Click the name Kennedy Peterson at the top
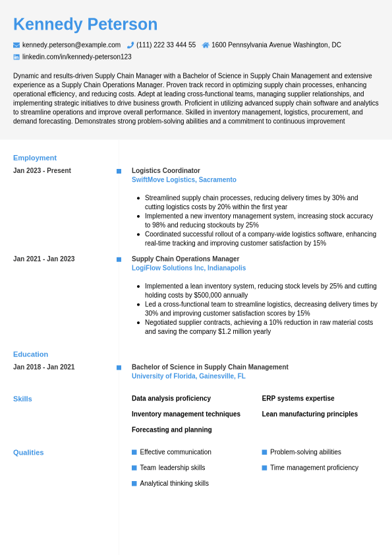point(85,24)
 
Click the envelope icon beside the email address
point(16,45)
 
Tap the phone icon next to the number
point(130,45)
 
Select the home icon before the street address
point(206,45)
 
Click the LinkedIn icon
point(16,57)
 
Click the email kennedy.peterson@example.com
point(71,45)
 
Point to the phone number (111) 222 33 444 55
point(166,45)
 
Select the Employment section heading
point(35,158)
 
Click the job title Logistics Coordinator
point(165,170)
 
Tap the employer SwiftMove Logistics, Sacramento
point(184,180)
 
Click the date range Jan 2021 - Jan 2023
point(43,259)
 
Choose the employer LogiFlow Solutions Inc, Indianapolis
point(188,268)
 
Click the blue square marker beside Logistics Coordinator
point(119,171)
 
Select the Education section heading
point(30,354)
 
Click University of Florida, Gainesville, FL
point(188,376)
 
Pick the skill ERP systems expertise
point(298,398)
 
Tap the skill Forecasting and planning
point(171,430)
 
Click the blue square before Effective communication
point(134,452)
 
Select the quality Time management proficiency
point(314,467)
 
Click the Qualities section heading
point(28,452)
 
